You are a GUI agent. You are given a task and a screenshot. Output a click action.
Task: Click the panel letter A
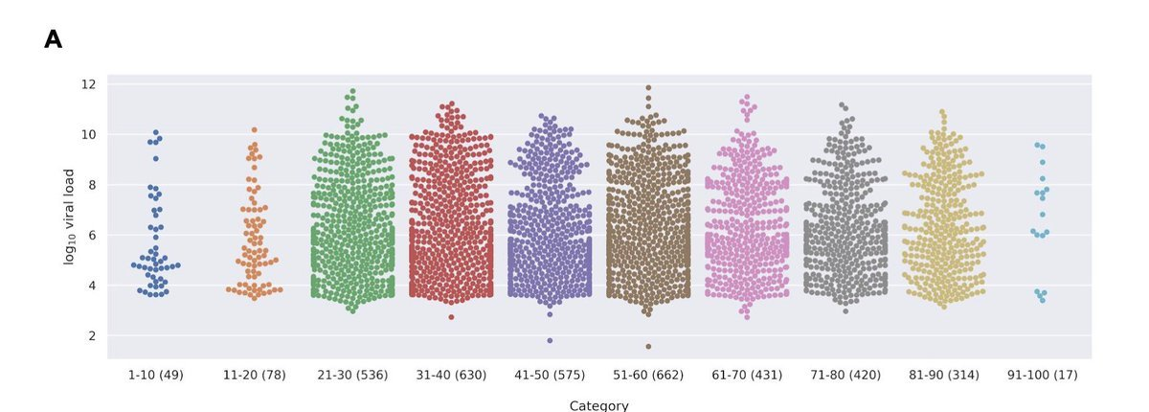(53, 40)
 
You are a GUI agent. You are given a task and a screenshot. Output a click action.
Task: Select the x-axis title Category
(598, 405)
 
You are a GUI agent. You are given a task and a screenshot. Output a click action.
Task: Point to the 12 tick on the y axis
(89, 84)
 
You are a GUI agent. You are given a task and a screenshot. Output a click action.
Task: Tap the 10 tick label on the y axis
(89, 134)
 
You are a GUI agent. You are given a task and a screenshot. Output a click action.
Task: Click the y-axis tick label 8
(92, 185)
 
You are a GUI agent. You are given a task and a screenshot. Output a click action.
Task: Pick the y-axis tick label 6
(92, 235)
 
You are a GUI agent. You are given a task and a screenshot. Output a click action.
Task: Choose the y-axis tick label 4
(92, 286)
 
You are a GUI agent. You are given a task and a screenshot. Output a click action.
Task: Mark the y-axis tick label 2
(92, 335)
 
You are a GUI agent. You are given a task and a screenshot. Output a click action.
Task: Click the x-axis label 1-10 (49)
(155, 375)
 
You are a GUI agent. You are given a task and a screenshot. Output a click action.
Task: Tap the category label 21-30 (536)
(352, 375)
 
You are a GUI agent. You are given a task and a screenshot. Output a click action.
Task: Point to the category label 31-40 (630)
(451, 375)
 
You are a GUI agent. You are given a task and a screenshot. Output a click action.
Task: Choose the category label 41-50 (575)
(550, 375)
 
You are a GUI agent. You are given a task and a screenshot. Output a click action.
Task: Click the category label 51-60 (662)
(648, 375)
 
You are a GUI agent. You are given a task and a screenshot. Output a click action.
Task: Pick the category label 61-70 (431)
(747, 375)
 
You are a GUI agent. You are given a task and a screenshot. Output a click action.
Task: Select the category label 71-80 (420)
(845, 375)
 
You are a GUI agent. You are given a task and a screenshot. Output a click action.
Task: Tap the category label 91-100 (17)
(1043, 375)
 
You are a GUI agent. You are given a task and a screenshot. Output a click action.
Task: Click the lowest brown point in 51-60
(648, 347)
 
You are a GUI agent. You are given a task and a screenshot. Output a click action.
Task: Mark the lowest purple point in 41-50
(550, 340)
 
